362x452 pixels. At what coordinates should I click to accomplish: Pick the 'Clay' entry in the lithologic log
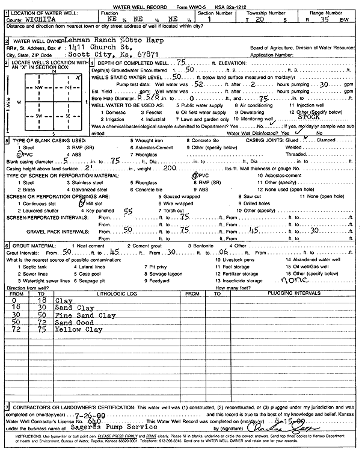(63, 300)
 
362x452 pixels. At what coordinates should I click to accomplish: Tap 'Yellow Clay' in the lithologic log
(79, 330)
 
